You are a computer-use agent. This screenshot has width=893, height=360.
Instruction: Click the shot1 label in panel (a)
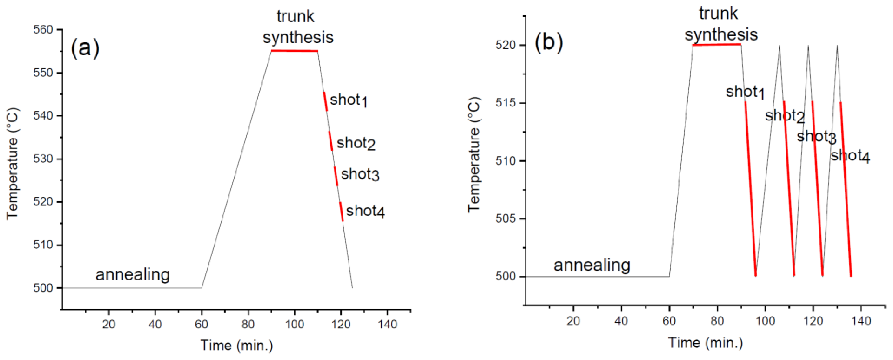(348, 100)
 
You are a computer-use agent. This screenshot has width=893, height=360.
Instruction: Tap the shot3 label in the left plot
(360, 174)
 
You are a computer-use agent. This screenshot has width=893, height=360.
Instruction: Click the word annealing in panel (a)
(133, 274)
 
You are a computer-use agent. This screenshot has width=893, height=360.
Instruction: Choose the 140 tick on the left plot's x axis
(387, 324)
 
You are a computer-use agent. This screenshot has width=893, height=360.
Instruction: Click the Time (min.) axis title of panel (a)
(237, 345)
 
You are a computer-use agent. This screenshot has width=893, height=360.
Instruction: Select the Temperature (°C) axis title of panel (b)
(474, 154)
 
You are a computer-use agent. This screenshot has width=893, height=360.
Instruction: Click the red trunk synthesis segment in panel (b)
(717, 45)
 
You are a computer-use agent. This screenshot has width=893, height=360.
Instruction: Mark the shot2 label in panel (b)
(784, 116)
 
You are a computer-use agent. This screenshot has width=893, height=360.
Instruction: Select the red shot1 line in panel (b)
(751, 189)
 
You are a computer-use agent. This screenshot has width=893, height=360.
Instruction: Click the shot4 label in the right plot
(850, 156)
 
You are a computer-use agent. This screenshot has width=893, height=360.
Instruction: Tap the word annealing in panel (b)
(592, 265)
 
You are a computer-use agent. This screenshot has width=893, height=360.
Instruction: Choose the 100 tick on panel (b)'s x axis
(765, 321)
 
